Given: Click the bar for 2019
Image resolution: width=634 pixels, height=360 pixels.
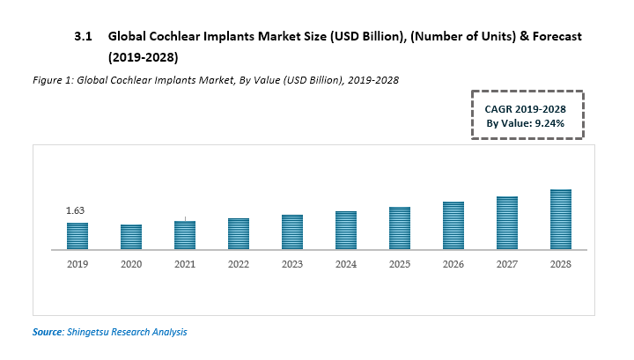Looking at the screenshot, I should tap(77, 236).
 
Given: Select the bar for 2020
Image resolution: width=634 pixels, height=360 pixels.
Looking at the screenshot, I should tap(131, 237).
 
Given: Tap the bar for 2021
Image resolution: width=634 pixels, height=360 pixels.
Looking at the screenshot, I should tap(185, 235).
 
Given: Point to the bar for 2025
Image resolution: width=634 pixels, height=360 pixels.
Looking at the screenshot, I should tap(400, 228).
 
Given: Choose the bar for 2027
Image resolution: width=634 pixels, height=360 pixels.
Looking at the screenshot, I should tap(507, 223).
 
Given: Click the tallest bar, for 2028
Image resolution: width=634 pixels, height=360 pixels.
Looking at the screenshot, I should tap(561, 219).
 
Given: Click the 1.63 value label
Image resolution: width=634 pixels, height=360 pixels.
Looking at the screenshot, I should tap(75, 211).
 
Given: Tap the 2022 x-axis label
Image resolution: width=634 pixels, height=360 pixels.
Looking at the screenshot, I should tap(239, 264).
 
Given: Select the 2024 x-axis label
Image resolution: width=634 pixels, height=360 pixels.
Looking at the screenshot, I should tap(346, 264).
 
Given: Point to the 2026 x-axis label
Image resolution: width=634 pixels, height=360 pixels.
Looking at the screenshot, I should tap(453, 264).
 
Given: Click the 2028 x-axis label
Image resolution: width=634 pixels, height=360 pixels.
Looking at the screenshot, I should tap(561, 264).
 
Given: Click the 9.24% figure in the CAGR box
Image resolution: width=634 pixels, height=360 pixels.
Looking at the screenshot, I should tap(546, 123).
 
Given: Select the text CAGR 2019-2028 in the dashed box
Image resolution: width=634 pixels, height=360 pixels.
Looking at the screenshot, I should tap(526, 108).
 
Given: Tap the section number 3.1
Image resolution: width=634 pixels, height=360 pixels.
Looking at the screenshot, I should tap(83, 38).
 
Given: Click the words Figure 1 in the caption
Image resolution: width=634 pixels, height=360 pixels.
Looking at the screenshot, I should tap(49, 80).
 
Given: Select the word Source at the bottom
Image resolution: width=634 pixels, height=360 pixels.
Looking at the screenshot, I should tap(48, 332).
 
